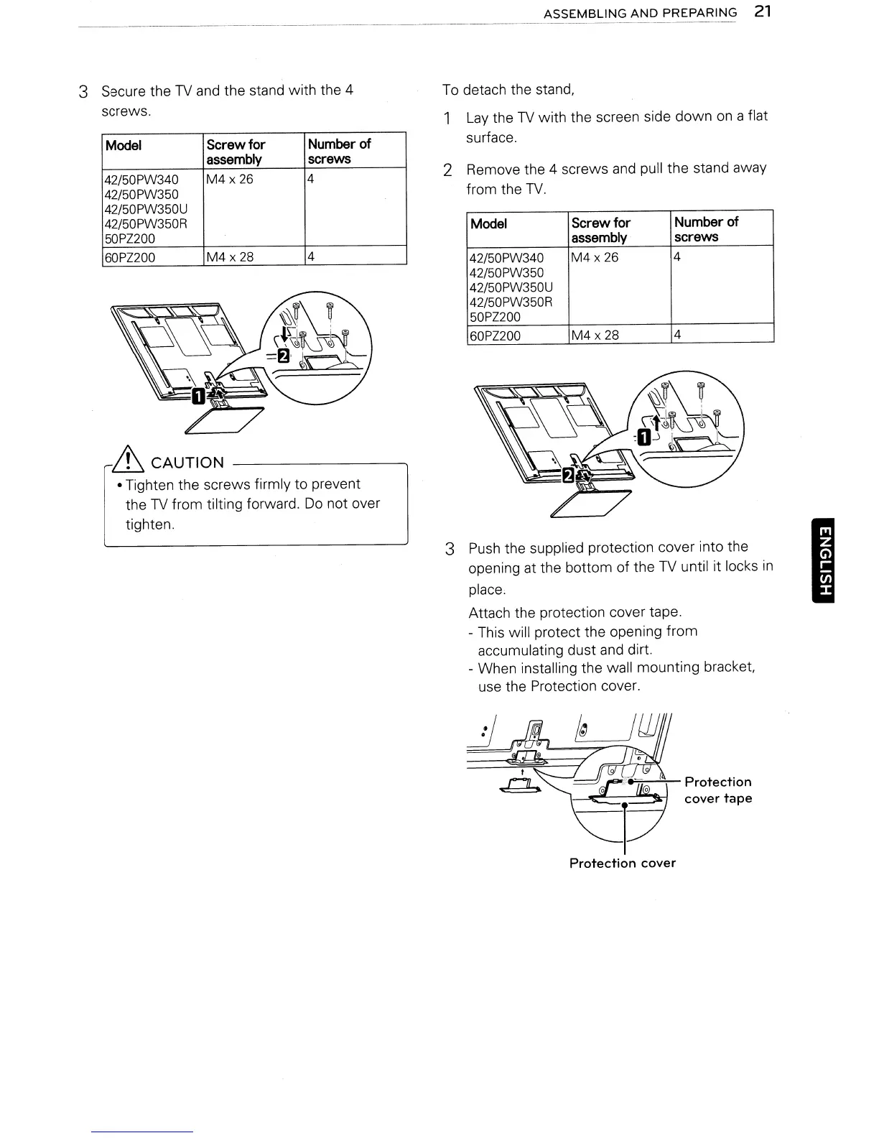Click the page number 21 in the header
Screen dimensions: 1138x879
coord(763,12)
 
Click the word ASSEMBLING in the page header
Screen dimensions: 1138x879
coord(581,13)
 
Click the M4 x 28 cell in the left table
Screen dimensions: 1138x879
coord(230,257)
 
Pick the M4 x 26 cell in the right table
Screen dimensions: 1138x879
coord(595,257)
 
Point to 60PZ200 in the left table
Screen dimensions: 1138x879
coord(131,257)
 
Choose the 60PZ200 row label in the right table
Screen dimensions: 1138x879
coord(495,336)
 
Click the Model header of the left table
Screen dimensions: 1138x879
coord(124,145)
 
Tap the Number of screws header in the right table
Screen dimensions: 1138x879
coord(705,229)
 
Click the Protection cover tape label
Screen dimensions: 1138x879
coord(717,790)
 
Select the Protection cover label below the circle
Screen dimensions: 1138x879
coord(622,863)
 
